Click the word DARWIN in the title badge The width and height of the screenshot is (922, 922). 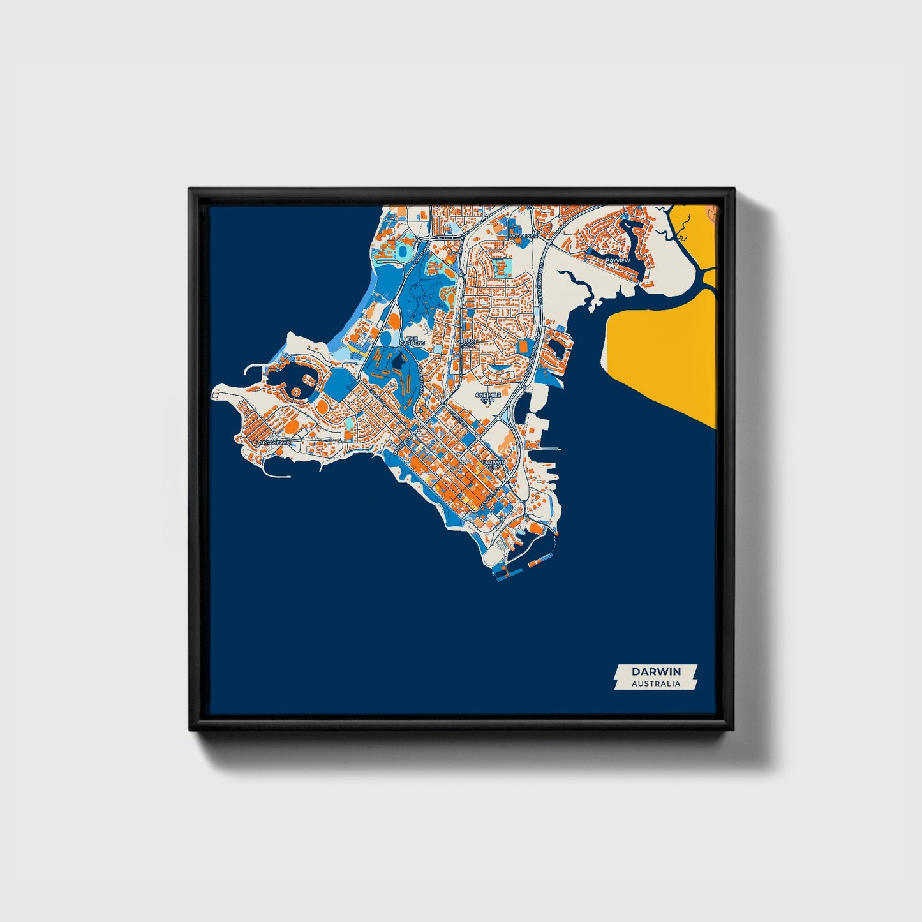coord(656,671)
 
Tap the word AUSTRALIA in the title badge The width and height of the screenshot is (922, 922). coord(656,683)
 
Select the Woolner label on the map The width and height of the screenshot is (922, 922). coord(524,235)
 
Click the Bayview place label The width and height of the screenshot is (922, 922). coord(618,260)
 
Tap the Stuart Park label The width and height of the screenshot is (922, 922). coord(467,343)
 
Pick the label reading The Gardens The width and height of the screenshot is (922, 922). coord(408,341)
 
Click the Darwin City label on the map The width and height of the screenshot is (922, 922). coord(494,464)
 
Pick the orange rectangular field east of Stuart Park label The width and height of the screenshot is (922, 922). coord(524,348)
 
